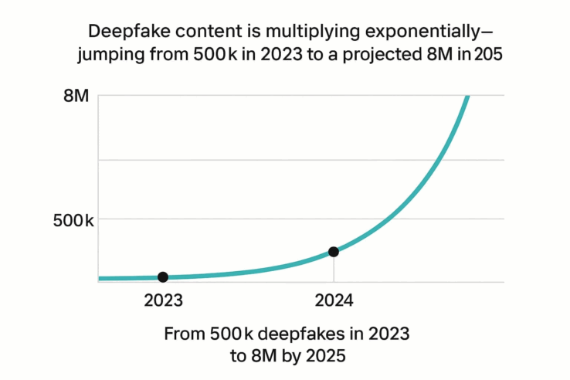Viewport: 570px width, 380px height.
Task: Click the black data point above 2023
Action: (163, 277)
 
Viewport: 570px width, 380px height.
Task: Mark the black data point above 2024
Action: (334, 251)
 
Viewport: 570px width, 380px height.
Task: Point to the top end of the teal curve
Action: (467, 97)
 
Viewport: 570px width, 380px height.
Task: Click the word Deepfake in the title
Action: (128, 32)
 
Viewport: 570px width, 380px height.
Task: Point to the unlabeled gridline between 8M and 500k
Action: (301, 160)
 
